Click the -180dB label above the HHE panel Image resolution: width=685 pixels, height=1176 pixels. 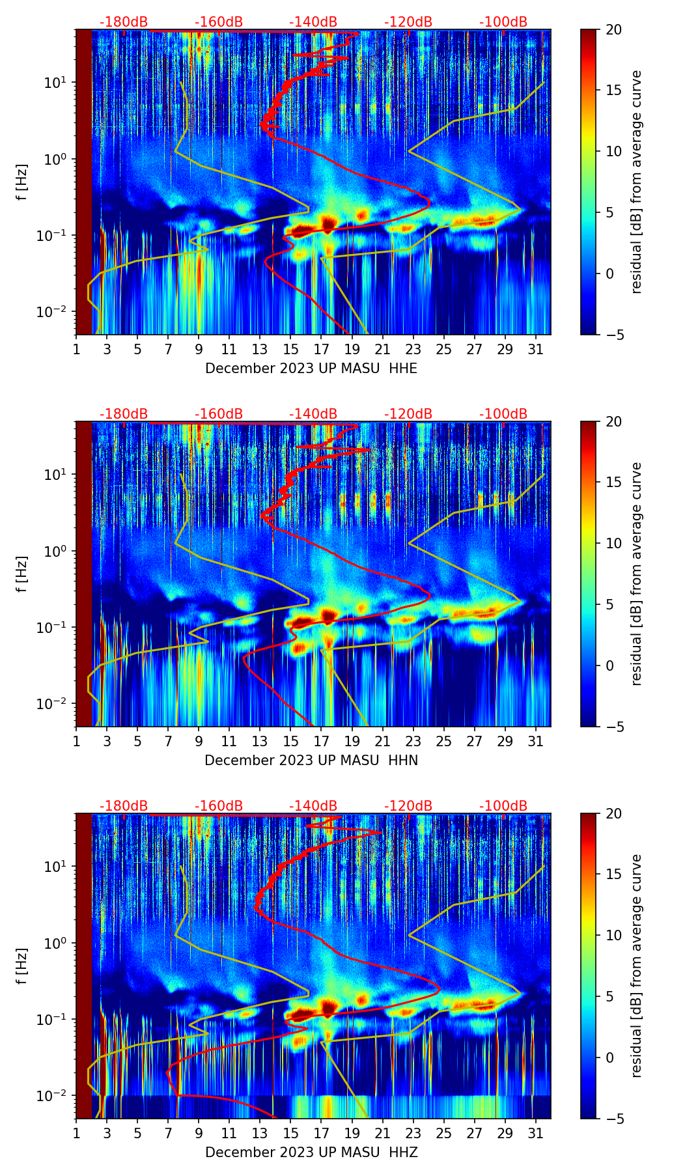pyautogui.click(x=124, y=22)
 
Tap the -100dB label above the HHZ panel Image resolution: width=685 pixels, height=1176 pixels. pyautogui.click(x=503, y=806)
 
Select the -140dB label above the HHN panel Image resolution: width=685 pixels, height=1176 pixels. pyautogui.click(x=313, y=414)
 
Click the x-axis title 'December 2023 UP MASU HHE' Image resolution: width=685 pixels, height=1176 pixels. pyautogui.click(x=311, y=369)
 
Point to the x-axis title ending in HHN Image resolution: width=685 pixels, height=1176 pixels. pyautogui.click(x=311, y=761)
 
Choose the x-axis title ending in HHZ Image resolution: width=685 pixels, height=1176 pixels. pyautogui.click(x=311, y=1153)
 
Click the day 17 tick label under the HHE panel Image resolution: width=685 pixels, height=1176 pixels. pyautogui.click(x=321, y=349)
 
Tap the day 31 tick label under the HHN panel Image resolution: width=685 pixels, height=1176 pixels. pyautogui.click(x=536, y=741)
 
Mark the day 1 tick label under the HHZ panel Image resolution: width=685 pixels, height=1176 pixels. pyautogui.click(x=76, y=1133)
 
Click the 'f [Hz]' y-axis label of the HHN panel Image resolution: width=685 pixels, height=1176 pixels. pyautogui.click(x=22, y=574)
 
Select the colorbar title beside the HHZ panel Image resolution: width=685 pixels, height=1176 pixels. pyautogui.click(x=637, y=966)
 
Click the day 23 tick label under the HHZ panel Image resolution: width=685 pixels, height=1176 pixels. pyautogui.click(x=413, y=1133)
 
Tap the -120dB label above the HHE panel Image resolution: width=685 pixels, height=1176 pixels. pyautogui.click(x=408, y=22)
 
